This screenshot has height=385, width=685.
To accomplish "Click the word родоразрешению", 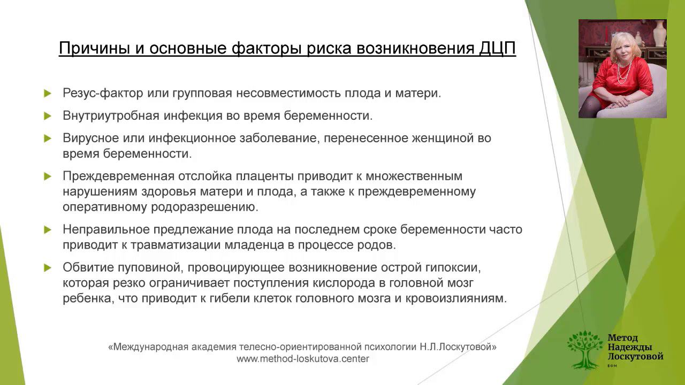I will pyautogui.click(x=212, y=206).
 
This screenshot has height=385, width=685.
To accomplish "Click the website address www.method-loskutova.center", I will pyautogui.click(x=303, y=359).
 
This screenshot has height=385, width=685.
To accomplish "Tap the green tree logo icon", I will pyautogui.click(x=584, y=349).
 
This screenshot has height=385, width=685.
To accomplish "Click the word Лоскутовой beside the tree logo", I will pyautogui.click(x=635, y=356).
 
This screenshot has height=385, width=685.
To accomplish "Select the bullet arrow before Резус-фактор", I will pyautogui.click(x=48, y=93).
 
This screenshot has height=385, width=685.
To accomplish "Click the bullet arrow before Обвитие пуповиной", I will pyautogui.click(x=48, y=267).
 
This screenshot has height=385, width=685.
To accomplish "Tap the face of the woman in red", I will pyautogui.click(x=621, y=43).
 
